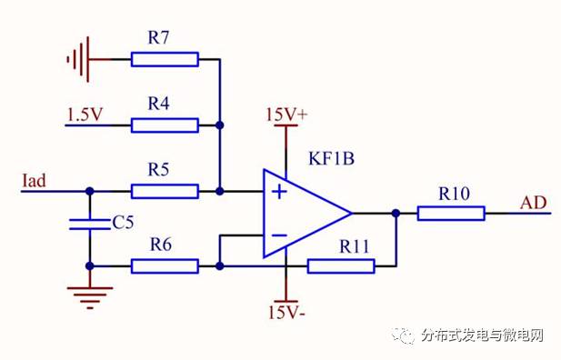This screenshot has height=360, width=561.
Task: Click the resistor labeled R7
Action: tap(164, 59)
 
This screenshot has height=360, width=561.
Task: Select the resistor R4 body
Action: tap(164, 125)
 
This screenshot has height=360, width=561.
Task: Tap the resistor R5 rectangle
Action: tap(164, 191)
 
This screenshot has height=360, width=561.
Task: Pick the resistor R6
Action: tap(164, 265)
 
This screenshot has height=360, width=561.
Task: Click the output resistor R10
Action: tap(451, 213)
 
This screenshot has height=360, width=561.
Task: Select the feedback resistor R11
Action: tap(340, 265)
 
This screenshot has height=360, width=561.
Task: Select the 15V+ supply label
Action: tap(286, 115)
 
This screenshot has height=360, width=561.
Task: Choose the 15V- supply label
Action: tap(286, 314)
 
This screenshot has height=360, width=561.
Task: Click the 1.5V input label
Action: tap(85, 114)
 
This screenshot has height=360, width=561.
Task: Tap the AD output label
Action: tap(534, 202)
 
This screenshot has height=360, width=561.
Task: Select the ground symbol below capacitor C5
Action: tap(89, 295)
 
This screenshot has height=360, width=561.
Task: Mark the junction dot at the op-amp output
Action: tap(396, 213)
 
